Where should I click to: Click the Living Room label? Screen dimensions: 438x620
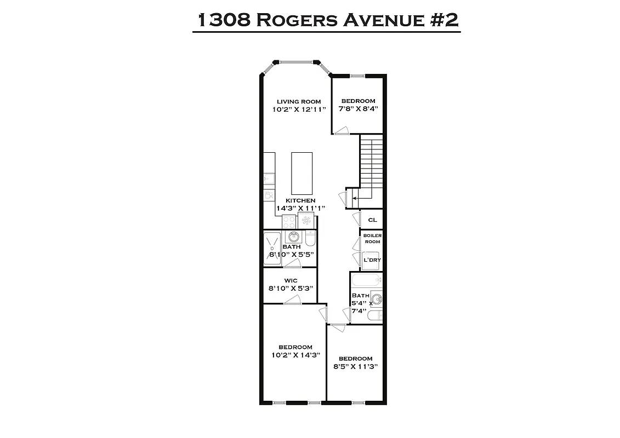click(x=299, y=101)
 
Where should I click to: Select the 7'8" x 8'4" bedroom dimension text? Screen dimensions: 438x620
click(x=358, y=109)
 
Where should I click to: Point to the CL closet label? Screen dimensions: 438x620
click(x=372, y=220)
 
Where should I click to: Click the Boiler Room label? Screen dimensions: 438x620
click(x=372, y=238)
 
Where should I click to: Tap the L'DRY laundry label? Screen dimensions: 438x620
click(x=372, y=261)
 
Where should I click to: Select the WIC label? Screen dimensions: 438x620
click(x=290, y=280)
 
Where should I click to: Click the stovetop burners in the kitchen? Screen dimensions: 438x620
click(x=288, y=222)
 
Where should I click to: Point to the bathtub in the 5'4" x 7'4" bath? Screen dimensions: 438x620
click(x=366, y=282)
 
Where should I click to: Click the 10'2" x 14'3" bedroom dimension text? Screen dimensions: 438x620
click(x=295, y=355)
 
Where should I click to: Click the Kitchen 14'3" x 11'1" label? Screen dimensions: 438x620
click(x=300, y=204)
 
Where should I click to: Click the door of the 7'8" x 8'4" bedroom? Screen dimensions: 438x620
click(x=342, y=130)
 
